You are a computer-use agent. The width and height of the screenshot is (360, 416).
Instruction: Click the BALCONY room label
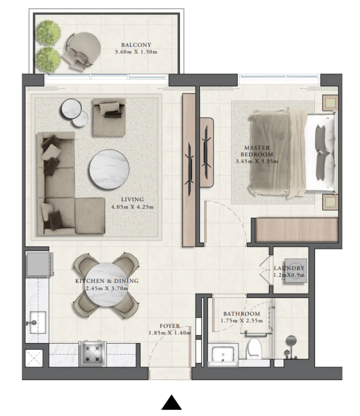coord(136,45)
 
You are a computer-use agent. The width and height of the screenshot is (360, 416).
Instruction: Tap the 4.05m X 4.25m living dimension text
coord(132,207)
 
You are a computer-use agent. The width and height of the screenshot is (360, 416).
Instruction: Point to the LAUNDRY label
coord(289,269)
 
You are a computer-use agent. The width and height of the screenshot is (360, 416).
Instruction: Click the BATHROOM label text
coord(241,314)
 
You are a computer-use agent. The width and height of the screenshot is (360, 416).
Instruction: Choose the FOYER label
coord(169,326)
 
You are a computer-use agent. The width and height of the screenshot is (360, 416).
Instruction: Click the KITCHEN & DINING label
coord(107,281)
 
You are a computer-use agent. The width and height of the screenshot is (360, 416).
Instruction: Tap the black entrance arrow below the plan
coord(171,403)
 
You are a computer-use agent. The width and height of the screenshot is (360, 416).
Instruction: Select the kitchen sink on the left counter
coord(36,322)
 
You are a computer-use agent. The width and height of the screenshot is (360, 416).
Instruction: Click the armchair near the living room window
coord(109,116)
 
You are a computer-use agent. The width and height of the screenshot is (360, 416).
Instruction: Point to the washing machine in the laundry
coord(295,270)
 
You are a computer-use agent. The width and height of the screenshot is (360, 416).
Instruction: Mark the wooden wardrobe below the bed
coord(296,230)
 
